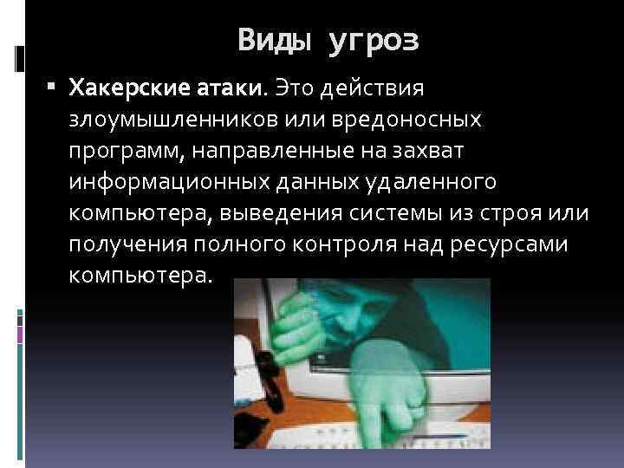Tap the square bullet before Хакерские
(55, 87)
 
